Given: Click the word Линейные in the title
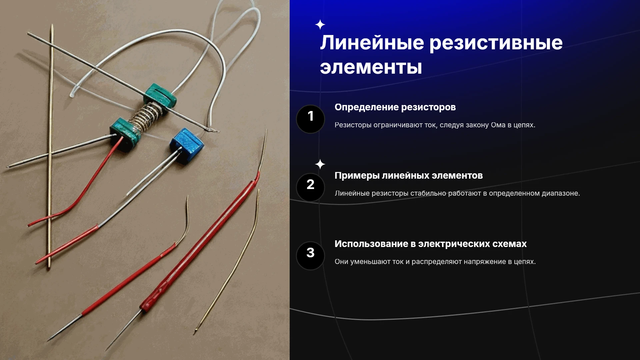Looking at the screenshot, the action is pyautogui.click(x=372, y=43).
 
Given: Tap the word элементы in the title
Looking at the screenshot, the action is pyautogui.click(x=371, y=67).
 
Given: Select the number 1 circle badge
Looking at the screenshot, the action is pyautogui.click(x=310, y=119).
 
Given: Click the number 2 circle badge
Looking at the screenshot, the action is pyautogui.click(x=310, y=187).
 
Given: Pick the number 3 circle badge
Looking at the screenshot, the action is pyautogui.click(x=310, y=256).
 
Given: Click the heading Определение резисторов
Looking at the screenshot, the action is pyautogui.click(x=395, y=107).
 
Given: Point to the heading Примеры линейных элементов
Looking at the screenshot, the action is pyautogui.click(x=409, y=176).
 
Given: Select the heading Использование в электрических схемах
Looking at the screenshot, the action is pyautogui.click(x=431, y=244).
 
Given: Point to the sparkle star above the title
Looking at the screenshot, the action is pyautogui.click(x=320, y=25).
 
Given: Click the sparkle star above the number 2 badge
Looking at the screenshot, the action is pyautogui.click(x=320, y=164).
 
